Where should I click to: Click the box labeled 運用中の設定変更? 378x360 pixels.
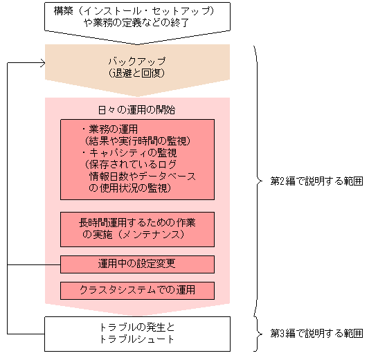point(137,264)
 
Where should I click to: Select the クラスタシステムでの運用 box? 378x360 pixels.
point(137,290)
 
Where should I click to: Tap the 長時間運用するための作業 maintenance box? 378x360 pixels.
point(137,228)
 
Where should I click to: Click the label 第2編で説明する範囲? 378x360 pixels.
point(316,181)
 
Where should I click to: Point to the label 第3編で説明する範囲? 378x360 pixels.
point(316,334)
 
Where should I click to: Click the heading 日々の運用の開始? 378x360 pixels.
point(136,109)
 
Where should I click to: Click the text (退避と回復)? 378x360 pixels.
point(136,72)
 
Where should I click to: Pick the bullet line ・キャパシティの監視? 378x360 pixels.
point(124,152)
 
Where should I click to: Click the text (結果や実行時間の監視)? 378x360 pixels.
point(136,141)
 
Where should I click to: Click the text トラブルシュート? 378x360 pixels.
point(136,339)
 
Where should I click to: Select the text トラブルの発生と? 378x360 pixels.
point(136,327)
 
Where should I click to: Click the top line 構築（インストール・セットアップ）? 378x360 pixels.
point(132,10)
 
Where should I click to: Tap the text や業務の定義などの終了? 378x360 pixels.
point(132,22)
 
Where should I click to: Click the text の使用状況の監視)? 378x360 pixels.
point(132,188)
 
